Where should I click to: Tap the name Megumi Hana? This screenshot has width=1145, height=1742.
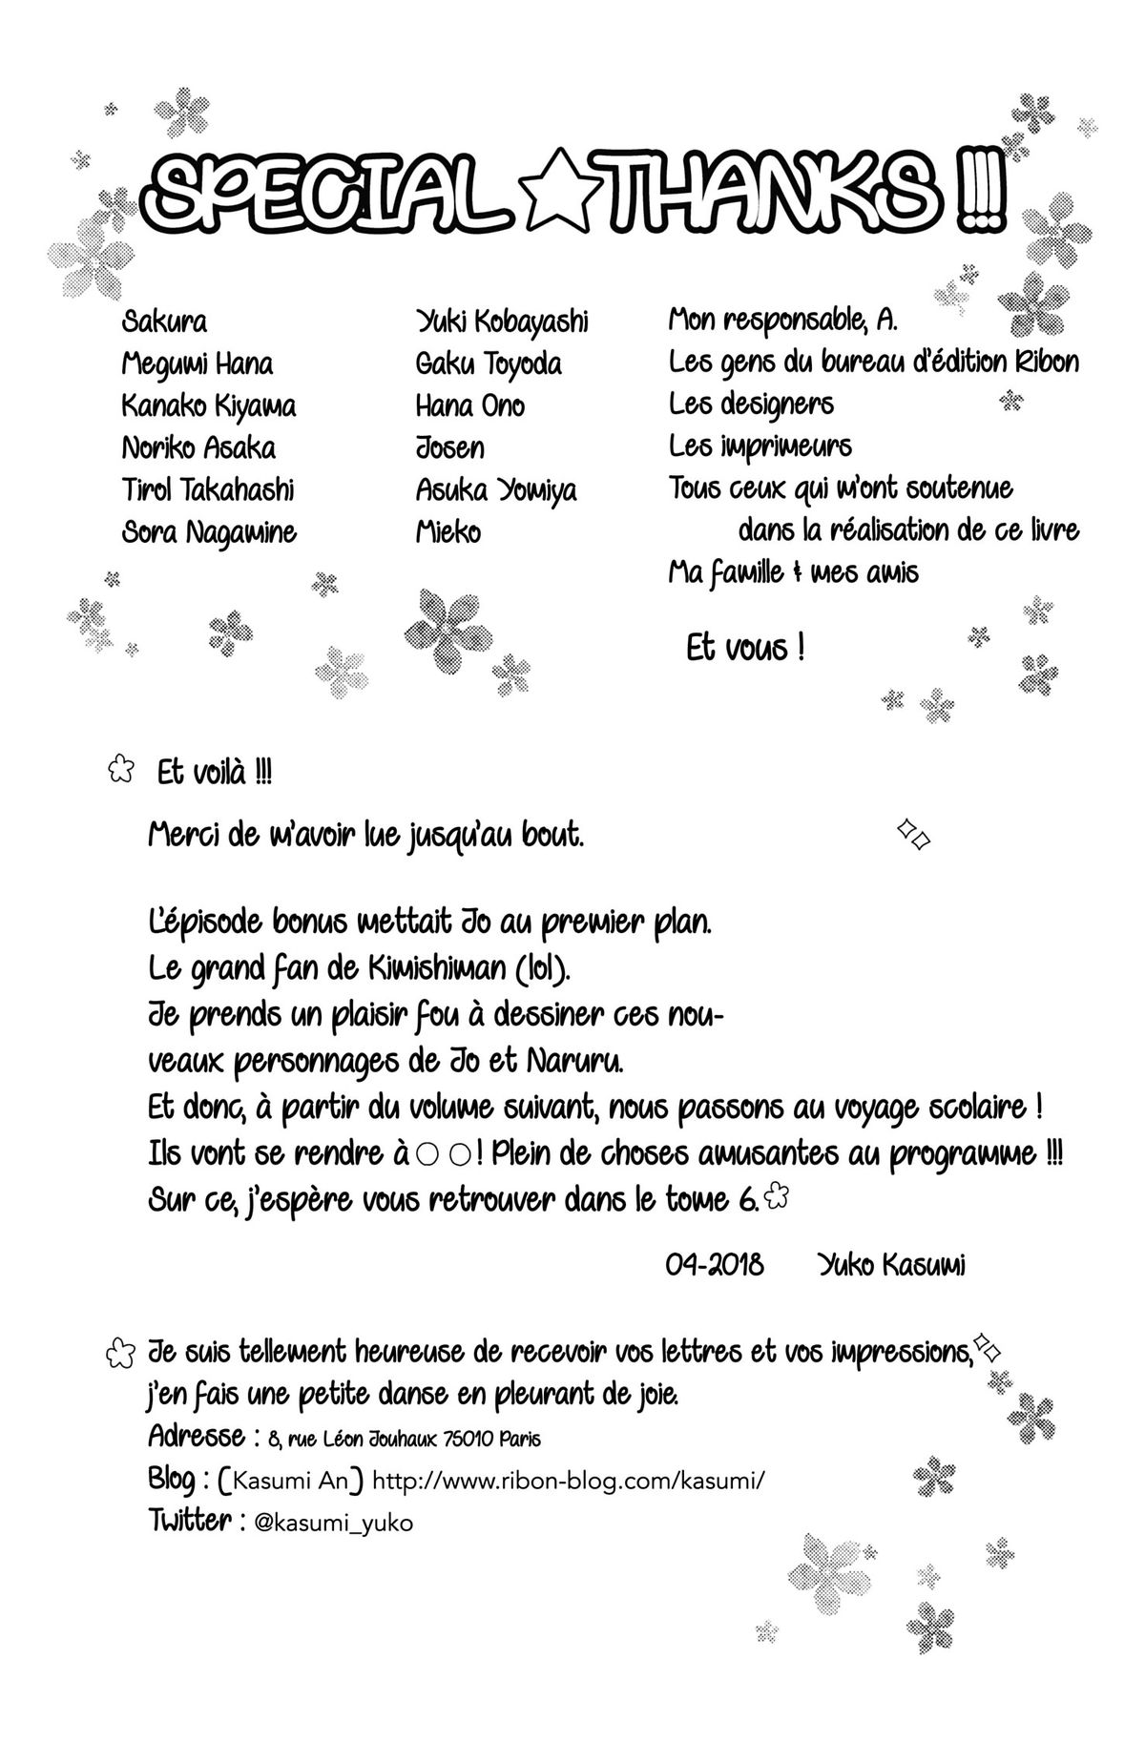(x=198, y=364)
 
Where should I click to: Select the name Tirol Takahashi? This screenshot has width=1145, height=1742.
(x=208, y=490)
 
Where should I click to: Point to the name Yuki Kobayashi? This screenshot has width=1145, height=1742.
(x=502, y=322)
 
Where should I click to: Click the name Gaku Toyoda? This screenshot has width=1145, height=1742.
(x=489, y=364)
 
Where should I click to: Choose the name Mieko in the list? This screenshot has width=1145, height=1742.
(x=448, y=532)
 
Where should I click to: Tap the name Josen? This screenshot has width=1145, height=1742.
(x=450, y=448)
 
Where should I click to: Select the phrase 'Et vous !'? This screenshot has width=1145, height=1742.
(x=745, y=650)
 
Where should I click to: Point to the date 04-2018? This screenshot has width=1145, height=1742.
(x=715, y=1265)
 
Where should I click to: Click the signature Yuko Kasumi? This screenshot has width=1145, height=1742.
(x=891, y=1265)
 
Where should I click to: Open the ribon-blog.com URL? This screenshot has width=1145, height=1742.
(x=569, y=1482)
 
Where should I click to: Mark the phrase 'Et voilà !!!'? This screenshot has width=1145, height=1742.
(x=214, y=774)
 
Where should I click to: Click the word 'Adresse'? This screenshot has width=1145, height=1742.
(x=197, y=1436)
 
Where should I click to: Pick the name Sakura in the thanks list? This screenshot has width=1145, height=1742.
(x=164, y=322)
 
